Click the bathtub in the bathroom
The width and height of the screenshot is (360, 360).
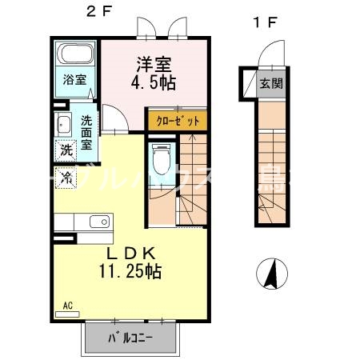tap(76, 57)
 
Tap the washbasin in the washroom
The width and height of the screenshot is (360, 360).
tap(63, 124)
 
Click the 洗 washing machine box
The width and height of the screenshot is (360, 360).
tap(65, 150)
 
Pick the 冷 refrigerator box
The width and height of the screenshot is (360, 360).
tap(65, 172)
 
